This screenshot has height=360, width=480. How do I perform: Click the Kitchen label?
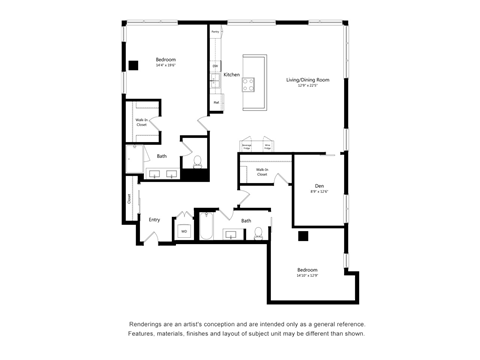(231, 75)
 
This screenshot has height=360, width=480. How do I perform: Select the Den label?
(319, 186)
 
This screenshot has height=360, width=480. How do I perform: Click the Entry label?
(154, 220)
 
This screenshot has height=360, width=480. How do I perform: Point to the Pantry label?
(215, 33)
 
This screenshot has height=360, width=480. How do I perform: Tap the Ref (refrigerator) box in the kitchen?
(216, 102)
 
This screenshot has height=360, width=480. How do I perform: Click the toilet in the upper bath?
(197, 161)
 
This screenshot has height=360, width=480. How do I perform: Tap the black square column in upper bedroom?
(133, 66)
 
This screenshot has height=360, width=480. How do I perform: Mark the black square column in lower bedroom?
(303, 237)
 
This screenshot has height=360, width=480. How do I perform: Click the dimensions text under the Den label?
(319, 193)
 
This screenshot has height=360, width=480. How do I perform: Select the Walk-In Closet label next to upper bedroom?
(142, 122)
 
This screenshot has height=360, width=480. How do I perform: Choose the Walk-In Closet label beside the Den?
(261, 172)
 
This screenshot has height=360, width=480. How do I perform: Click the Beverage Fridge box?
(247, 147)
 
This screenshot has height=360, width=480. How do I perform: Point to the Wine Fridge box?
(268, 147)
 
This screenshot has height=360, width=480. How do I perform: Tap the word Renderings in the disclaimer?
(148, 325)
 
